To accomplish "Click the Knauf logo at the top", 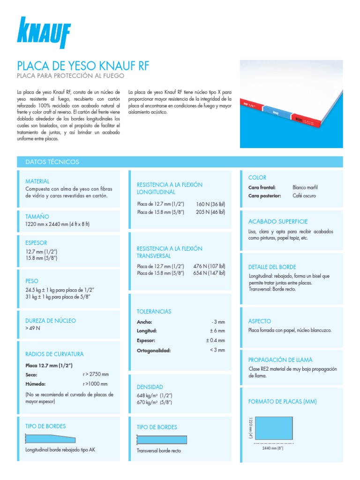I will (x=44, y=33).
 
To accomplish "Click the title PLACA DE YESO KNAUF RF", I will (x=83, y=65).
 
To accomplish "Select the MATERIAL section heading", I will (x=37, y=181).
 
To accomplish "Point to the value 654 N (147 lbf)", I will (x=209, y=273).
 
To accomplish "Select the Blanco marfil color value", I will (x=305, y=187).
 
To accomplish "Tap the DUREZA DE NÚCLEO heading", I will (x=50, y=321).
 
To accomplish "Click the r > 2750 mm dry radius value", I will (x=96, y=374).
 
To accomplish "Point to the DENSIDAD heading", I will (x=150, y=387).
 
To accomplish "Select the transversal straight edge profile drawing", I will (x=162, y=440).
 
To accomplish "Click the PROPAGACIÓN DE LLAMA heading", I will (x=280, y=360).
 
